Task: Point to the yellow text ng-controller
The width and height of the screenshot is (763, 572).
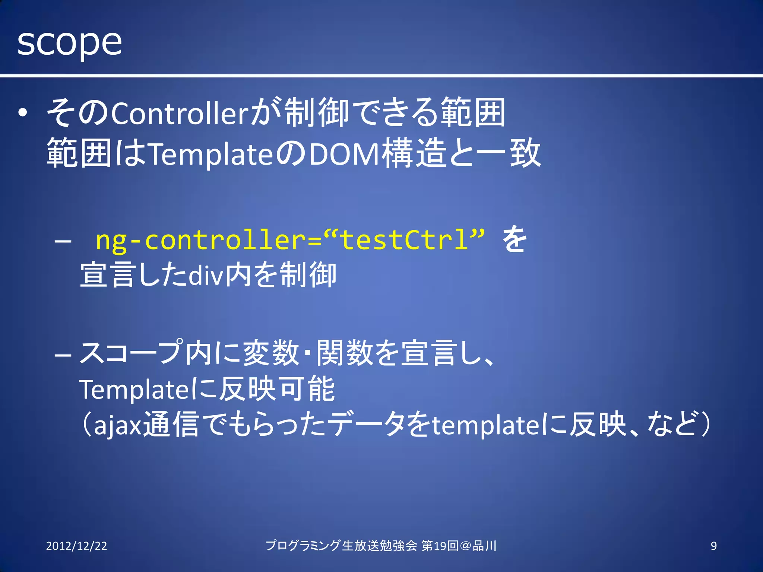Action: click(x=201, y=240)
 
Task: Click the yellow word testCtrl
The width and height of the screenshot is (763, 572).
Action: click(x=404, y=240)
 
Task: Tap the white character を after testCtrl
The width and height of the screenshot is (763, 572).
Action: click(x=514, y=239)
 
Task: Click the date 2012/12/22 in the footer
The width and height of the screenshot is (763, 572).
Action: click(x=76, y=546)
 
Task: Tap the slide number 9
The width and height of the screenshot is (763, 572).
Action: click(x=713, y=546)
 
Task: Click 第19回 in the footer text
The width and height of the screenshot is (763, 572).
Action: click(x=440, y=546)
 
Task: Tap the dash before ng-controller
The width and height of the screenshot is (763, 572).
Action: click(x=63, y=241)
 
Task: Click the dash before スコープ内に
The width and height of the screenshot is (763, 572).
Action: click(x=63, y=355)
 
